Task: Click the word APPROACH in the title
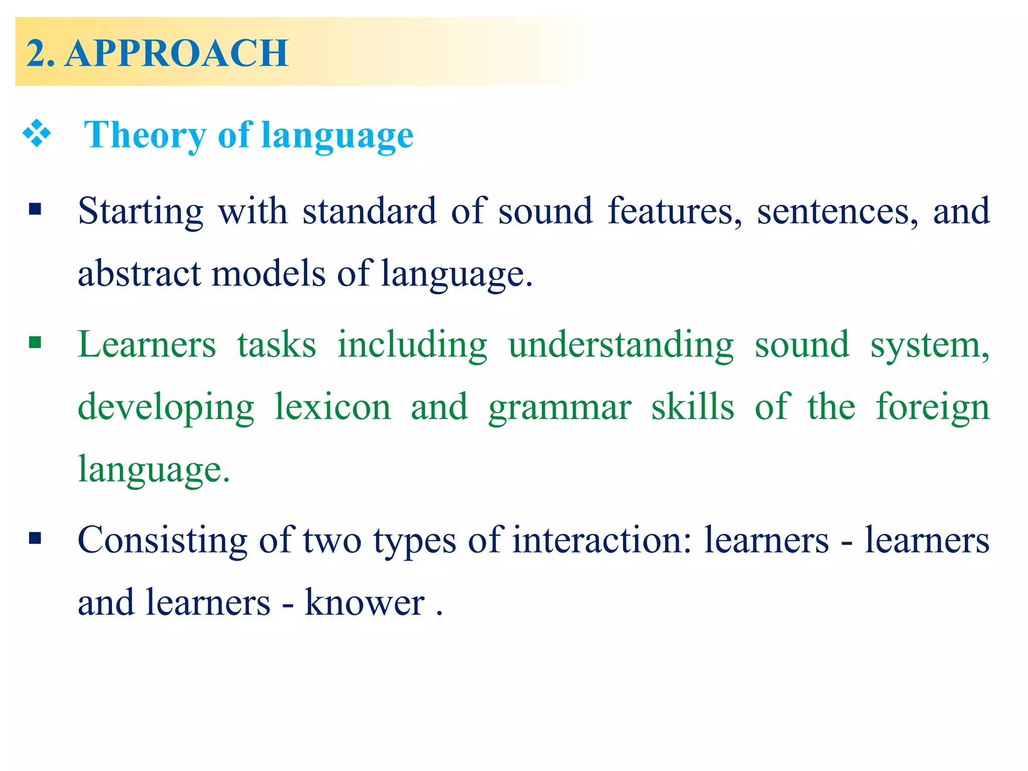pos(177,53)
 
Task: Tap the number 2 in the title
pos(37,53)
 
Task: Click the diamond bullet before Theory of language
pos(37,134)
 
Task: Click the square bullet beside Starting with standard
pos(35,209)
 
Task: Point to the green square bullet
pos(35,343)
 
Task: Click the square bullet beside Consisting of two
pos(35,539)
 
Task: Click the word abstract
pos(139,274)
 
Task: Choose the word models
pos(269,274)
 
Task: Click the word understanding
pos(621,345)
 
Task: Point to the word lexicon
pos(333,407)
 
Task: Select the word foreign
pos(933,407)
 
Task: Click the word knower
pos(365,602)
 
